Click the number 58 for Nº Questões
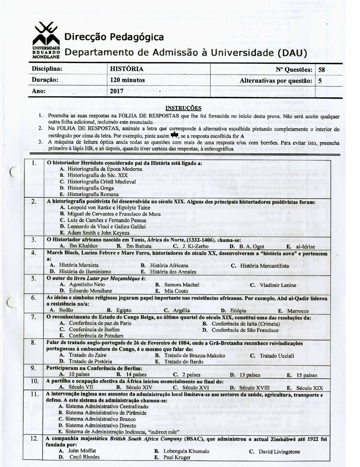click(x=321, y=69)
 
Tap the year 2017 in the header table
click(x=116, y=91)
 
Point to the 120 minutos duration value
click(x=127, y=80)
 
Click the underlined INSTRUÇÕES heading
click(x=183, y=108)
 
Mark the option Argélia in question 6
click(x=181, y=311)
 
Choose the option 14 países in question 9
click(x=140, y=375)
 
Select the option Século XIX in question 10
click(x=309, y=388)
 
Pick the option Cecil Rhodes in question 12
click(x=84, y=457)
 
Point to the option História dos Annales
click(x=173, y=272)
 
